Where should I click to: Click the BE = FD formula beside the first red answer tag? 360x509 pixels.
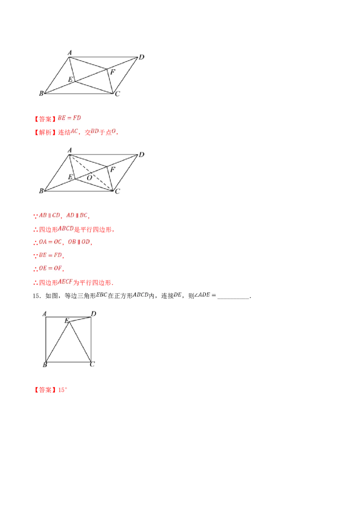coord(70,118)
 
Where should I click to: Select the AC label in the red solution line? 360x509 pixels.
coord(74,131)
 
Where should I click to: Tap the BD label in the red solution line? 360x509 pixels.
coord(95,131)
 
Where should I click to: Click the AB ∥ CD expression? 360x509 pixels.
coord(49,215)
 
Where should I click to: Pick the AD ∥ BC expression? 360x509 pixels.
coord(77,215)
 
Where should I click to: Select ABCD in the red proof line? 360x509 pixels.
coord(66,228)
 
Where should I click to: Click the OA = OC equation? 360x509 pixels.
coord(49,242)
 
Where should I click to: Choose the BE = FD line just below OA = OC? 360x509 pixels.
coord(49,255)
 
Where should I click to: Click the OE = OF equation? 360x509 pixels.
coord(50,268)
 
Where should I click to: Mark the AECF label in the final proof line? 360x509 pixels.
coord(65,282)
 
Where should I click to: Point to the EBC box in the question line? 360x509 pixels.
coord(101,295)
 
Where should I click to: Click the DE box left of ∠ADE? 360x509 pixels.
coord(178,295)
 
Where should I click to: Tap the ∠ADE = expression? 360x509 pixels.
coord(206,295)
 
